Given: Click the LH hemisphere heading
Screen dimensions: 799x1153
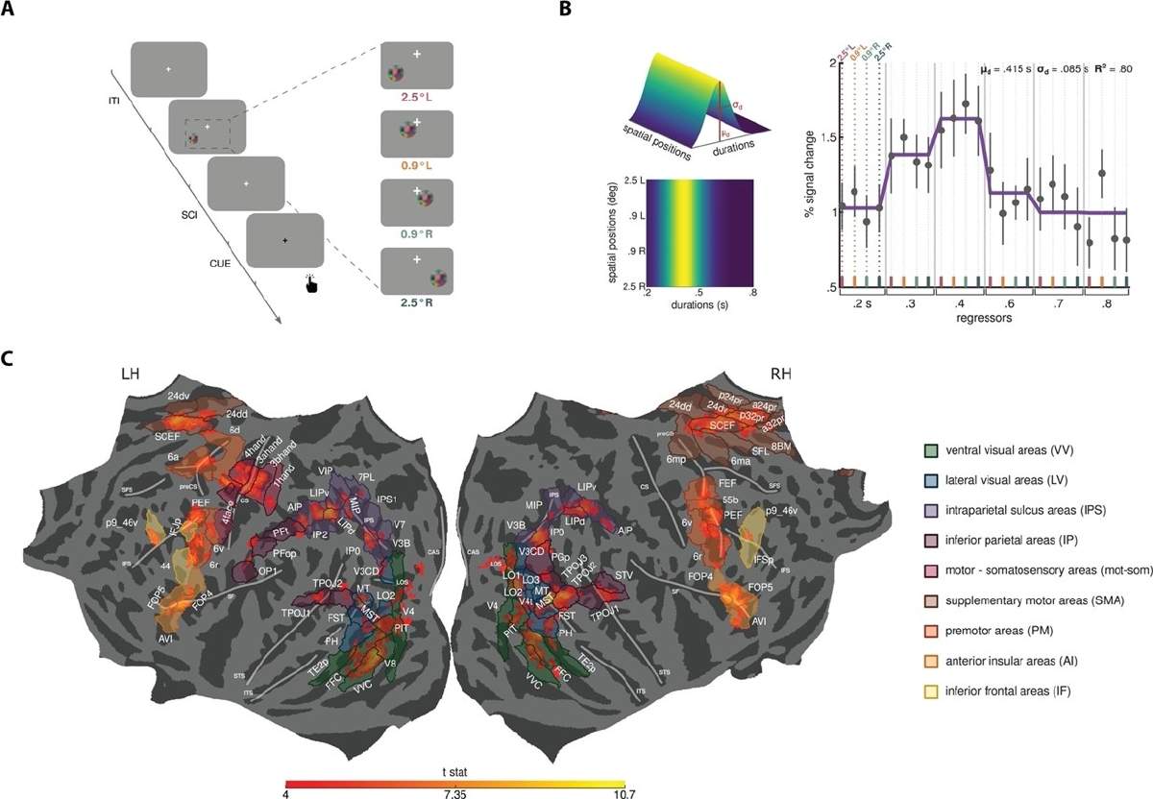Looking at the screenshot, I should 131,374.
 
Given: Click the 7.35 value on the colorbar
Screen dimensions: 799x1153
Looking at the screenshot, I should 456,791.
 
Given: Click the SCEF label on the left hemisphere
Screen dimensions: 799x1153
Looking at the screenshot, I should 168,436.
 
